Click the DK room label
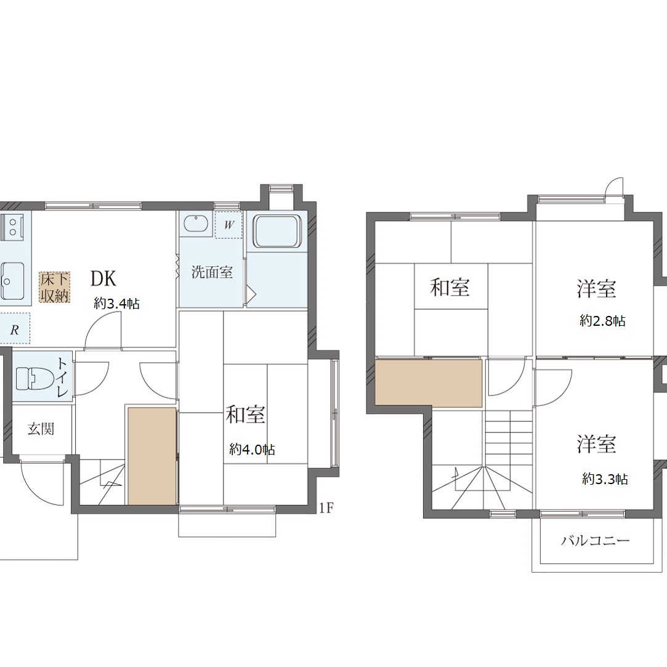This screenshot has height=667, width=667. tap(103, 278)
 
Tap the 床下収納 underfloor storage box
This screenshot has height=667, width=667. tap(55, 288)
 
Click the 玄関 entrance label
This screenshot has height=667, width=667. tap(41, 429)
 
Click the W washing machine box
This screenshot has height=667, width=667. tap(229, 224)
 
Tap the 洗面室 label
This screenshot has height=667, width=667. tap(212, 272)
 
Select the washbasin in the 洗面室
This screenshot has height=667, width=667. tap(196, 225)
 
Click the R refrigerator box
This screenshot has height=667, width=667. tap(15, 328)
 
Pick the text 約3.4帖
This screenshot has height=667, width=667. tap(116, 304)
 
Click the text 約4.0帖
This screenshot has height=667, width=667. tap(252, 449)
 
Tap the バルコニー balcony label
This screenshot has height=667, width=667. tap(595, 541)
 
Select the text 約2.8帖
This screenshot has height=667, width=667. tap(602, 321)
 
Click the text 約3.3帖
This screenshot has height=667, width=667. tap(605, 479)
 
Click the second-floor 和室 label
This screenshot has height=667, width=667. tap(450, 287)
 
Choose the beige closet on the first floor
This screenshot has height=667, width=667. tap(152, 456)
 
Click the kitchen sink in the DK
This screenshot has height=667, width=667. tap(13, 281)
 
